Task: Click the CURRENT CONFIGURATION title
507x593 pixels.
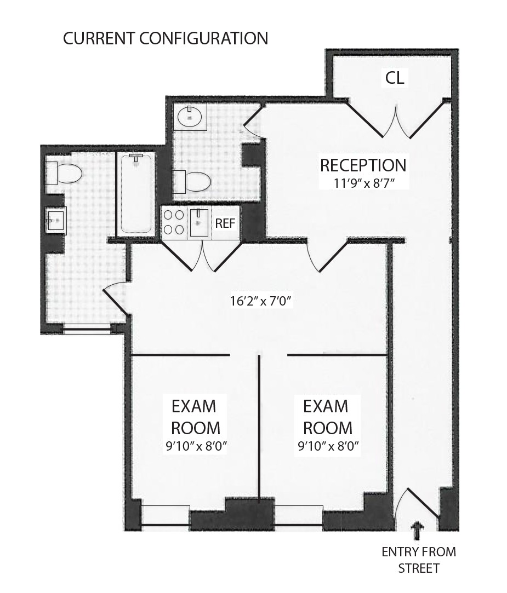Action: pyautogui.click(x=166, y=38)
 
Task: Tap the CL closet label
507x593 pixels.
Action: pyautogui.click(x=395, y=78)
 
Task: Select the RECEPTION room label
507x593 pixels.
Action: pyautogui.click(x=363, y=165)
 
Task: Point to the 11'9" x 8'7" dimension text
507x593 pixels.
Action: pyautogui.click(x=363, y=183)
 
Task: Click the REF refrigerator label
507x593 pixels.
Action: pyautogui.click(x=225, y=223)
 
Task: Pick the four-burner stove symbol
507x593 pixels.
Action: pyautogui.click(x=174, y=223)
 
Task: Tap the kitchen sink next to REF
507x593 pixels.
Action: pyautogui.click(x=199, y=223)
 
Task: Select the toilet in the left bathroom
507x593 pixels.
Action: pyautogui.click(x=64, y=174)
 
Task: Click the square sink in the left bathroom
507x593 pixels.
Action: pyautogui.click(x=56, y=221)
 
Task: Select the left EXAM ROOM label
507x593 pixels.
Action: pyautogui.click(x=196, y=417)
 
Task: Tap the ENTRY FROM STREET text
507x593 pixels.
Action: pyautogui.click(x=419, y=560)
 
